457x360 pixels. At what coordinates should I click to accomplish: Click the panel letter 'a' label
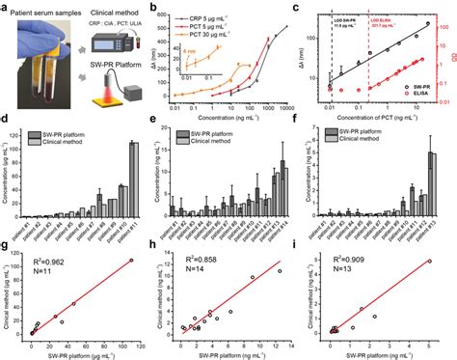click(x=6, y=8)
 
